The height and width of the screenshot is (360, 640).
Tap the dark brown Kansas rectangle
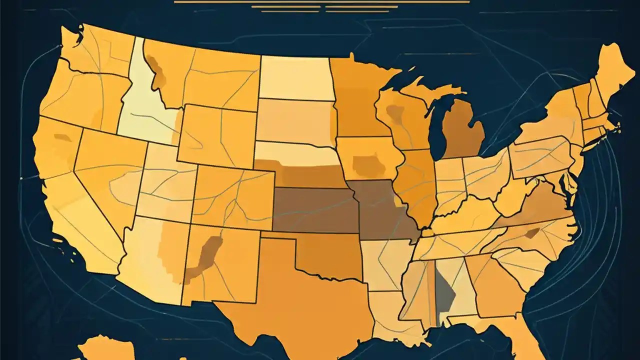pyautogui.click(x=315, y=210)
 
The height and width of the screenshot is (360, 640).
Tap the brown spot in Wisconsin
pyautogui.click(x=396, y=114)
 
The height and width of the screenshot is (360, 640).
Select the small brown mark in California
pyautogui.click(x=62, y=137)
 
